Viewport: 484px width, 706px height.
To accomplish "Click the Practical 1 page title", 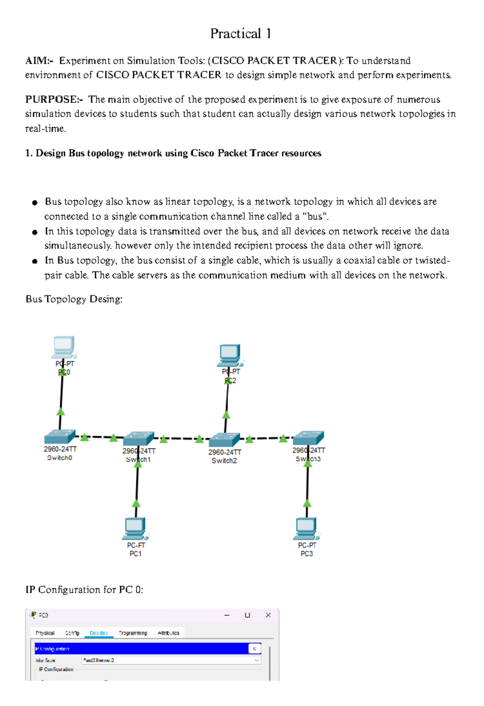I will (240, 34).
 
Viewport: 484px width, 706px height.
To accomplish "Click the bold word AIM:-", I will (39, 61).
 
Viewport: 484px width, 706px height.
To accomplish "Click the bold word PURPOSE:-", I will (54, 100).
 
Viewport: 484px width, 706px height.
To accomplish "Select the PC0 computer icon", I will (64, 347).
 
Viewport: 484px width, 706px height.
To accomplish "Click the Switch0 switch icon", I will (60, 437).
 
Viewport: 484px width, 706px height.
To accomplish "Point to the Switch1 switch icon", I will (138, 439).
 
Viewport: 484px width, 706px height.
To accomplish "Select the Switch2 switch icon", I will (224, 440).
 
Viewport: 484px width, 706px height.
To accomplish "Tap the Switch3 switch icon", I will (309, 438).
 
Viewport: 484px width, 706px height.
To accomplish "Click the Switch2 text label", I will (224, 461).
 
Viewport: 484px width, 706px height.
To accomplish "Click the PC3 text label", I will (307, 554).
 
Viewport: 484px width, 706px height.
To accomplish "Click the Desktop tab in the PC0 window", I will (99, 633).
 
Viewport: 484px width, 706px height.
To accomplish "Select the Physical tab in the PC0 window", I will (45, 633).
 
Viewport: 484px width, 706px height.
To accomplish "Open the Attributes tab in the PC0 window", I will (168, 633).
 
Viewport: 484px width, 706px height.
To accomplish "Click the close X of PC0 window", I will (268, 615).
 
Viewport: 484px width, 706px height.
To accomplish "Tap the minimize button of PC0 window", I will (227, 615).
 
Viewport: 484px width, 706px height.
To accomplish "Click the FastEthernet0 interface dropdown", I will (171, 660).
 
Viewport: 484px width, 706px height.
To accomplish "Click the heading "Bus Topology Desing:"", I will (74, 299).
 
